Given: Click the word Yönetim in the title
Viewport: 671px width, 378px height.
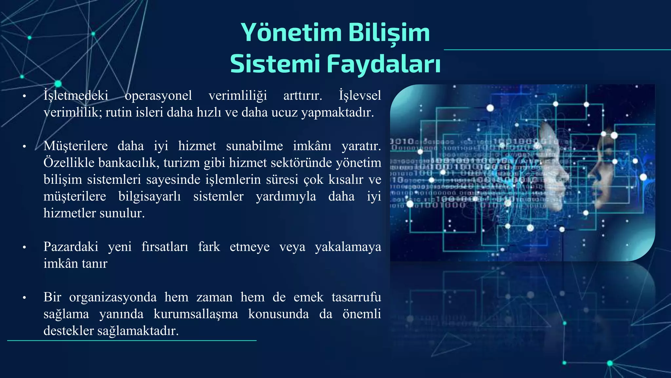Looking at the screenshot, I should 291,33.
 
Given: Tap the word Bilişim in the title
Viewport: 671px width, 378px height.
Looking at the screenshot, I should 389,33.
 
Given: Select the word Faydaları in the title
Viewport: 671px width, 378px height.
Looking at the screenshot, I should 384,64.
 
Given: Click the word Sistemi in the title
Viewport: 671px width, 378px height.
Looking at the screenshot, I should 275,64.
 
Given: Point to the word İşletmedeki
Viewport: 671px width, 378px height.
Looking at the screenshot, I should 76,95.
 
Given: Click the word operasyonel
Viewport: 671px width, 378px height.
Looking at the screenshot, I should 158,95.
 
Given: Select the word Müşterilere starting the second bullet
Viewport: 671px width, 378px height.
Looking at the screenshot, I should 76,146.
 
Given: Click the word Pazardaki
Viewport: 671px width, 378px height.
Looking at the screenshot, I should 71,247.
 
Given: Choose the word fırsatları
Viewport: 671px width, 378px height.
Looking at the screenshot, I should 165,247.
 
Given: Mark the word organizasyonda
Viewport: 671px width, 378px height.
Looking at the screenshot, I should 113,297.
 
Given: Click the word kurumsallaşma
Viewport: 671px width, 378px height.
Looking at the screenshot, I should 196,314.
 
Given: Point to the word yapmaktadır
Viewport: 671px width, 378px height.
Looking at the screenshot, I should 337,113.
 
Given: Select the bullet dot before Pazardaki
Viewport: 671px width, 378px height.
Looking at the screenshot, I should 24,247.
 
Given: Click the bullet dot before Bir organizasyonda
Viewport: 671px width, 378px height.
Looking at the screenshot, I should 24,298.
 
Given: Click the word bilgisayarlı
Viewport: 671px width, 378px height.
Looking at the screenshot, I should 149,197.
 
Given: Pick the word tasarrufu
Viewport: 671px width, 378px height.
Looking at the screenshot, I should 356,297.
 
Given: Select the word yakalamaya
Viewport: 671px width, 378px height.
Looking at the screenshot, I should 348,247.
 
